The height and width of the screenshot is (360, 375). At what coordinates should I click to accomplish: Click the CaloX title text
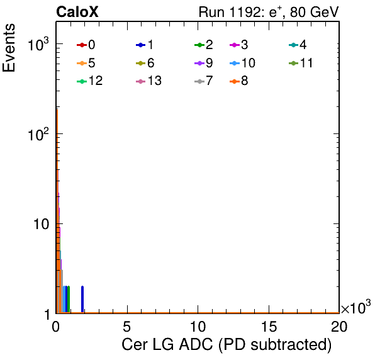coord(77,12)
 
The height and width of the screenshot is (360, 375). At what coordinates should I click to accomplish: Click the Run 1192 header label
coord(269,12)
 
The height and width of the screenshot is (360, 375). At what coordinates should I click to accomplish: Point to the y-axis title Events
coord(9,48)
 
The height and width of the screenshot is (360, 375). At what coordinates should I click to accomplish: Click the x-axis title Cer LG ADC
coord(227,344)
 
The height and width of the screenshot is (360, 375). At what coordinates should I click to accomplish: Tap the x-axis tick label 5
coord(126,327)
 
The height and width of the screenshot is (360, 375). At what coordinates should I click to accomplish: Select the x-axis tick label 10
coord(198,327)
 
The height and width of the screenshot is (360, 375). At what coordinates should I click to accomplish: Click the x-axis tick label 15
coord(269,327)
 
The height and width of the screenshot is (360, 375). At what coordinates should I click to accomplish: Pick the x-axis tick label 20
coord(339,327)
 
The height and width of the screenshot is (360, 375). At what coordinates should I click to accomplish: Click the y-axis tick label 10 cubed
coord(38,44)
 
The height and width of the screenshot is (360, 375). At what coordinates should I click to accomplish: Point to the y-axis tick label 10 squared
coord(38,134)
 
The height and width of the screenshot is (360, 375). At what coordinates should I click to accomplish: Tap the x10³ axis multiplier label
coord(356,307)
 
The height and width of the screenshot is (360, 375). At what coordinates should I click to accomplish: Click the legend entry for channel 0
coord(86,45)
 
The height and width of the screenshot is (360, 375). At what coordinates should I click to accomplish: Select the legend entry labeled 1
coord(145,45)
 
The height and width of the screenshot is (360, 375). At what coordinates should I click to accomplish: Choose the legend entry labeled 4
coord(298,45)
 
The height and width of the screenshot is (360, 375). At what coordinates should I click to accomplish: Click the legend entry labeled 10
coord(242,63)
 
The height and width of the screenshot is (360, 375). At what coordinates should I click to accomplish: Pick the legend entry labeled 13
coord(148,81)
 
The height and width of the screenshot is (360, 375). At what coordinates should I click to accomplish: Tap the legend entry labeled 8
coord(238,81)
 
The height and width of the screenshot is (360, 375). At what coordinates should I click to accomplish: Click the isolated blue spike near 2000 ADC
coord(82,299)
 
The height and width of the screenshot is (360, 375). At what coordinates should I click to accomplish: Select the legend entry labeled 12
coord(90,81)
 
